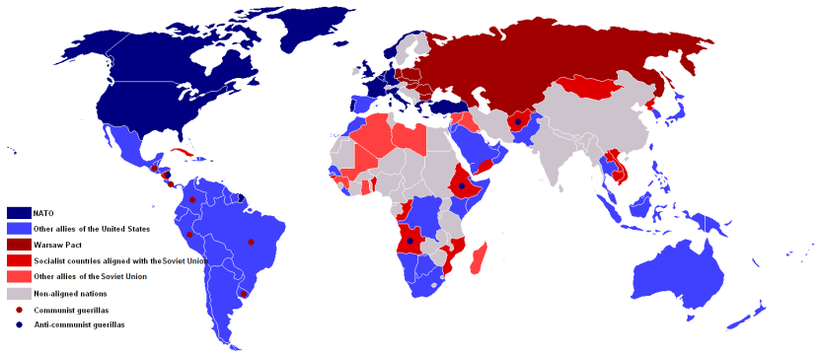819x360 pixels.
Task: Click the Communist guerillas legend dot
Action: (x=19, y=309)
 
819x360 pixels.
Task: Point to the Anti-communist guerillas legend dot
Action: (x=19, y=324)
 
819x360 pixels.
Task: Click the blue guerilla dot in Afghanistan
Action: (x=518, y=122)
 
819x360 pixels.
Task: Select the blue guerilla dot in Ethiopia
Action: (x=461, y=185)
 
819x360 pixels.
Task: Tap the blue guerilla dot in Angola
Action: (x=409, y=241)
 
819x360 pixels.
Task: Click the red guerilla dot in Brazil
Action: (x=251, y=242)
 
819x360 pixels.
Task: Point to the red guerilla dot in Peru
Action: (x=189, y=235)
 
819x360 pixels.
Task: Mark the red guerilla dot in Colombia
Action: (x=192, y=199)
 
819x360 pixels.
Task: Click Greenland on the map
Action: (x=326, y=30)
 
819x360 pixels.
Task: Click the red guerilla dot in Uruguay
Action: (x=244, y=294)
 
